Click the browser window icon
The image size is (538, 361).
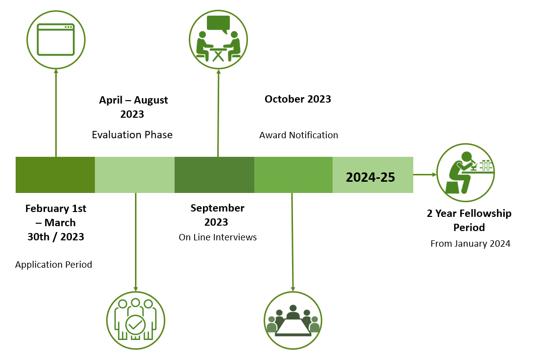tap(56, 40)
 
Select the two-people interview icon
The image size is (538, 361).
tap(218, 40)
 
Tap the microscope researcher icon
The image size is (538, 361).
tap(466, 172)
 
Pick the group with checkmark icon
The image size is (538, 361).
tap(135, 320)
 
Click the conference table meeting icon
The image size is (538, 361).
tap(292, 320)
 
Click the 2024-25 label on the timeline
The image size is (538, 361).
tap(370, 177)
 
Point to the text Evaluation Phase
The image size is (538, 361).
tap(132, 135)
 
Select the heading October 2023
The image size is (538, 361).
tap(298, 99)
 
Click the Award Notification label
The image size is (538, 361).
tap(298, 135)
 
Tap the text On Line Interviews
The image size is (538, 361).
tap(218, 237)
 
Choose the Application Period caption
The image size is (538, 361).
tap(53, 265)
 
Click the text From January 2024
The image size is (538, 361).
tap(471, 244)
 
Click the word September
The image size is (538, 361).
tap(218, 208)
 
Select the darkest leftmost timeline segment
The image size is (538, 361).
tap(55, 175)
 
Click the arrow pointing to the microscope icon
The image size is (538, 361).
tap(425, 174)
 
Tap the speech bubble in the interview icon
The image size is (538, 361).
tap(218, 24)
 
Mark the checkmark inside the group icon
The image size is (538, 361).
tap(135, 324)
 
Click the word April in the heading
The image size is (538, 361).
tap(111, 101)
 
